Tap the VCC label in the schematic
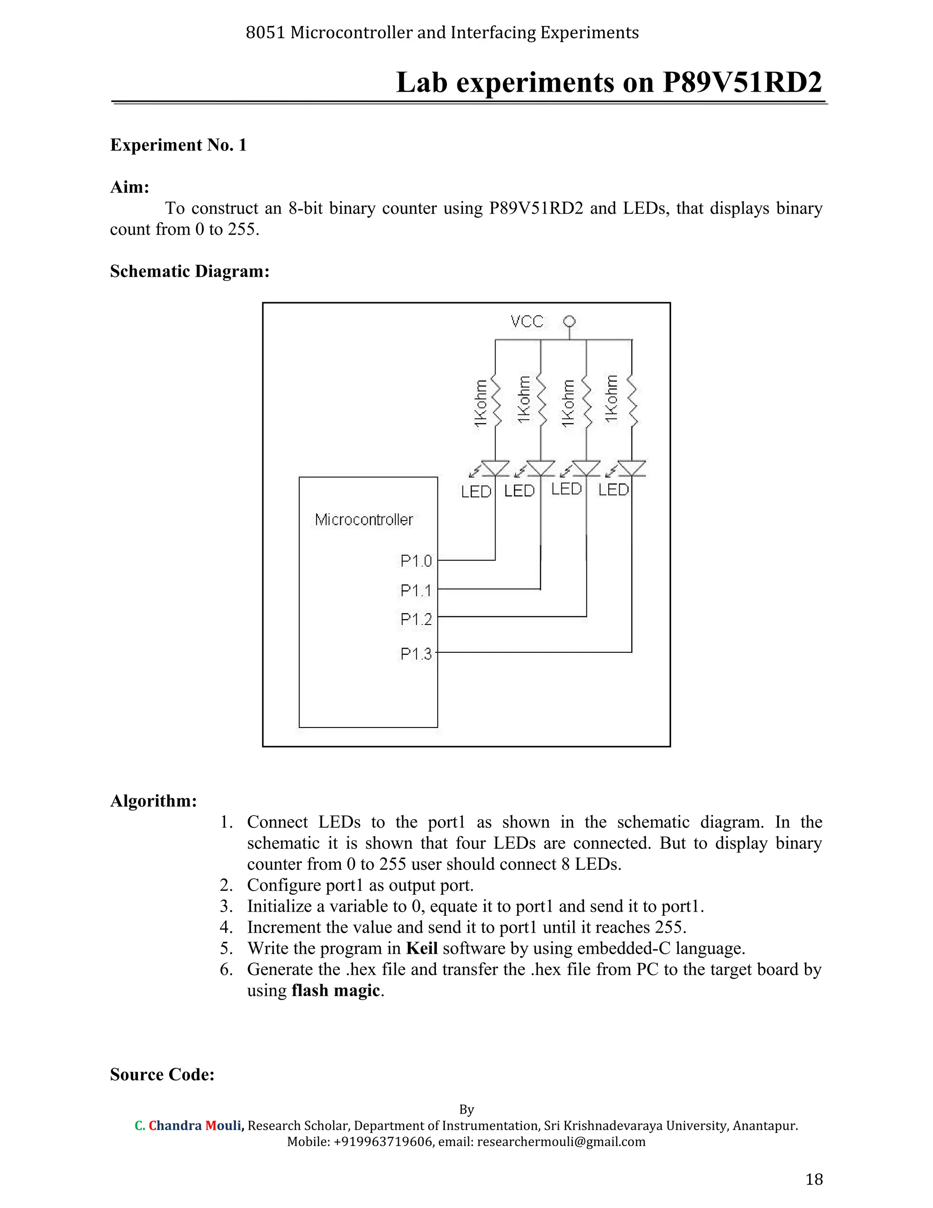pyautogui.click(x=527, y=321)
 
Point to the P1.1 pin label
pyautogui.click(x=415, y=591)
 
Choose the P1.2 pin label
pyautogui.click(x=415, y=619)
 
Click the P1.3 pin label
pyautogui.click(x=415, y=654)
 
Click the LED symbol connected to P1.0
pyautogui.click(x=495, y=469)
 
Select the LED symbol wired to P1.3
pyautogui.click(x=631, y=469)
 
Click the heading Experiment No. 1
pyautogui.click(x=178, y=145)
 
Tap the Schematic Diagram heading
pyautogui.click(x=190, y=271)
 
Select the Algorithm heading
pyautogui.click(x=153, y=800)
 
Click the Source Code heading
pyautogui.click(x=162, y=1074)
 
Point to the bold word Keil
pyautogui.click(x=422, y=948)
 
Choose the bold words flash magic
pyautogui.click(x=335, y=990)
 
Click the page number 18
pyautogui.click(x=814, y=1179)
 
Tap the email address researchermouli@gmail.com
pyautogui.click(x=561, y=1141)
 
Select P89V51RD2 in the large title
pyautogui.click(x=742, y=83)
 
